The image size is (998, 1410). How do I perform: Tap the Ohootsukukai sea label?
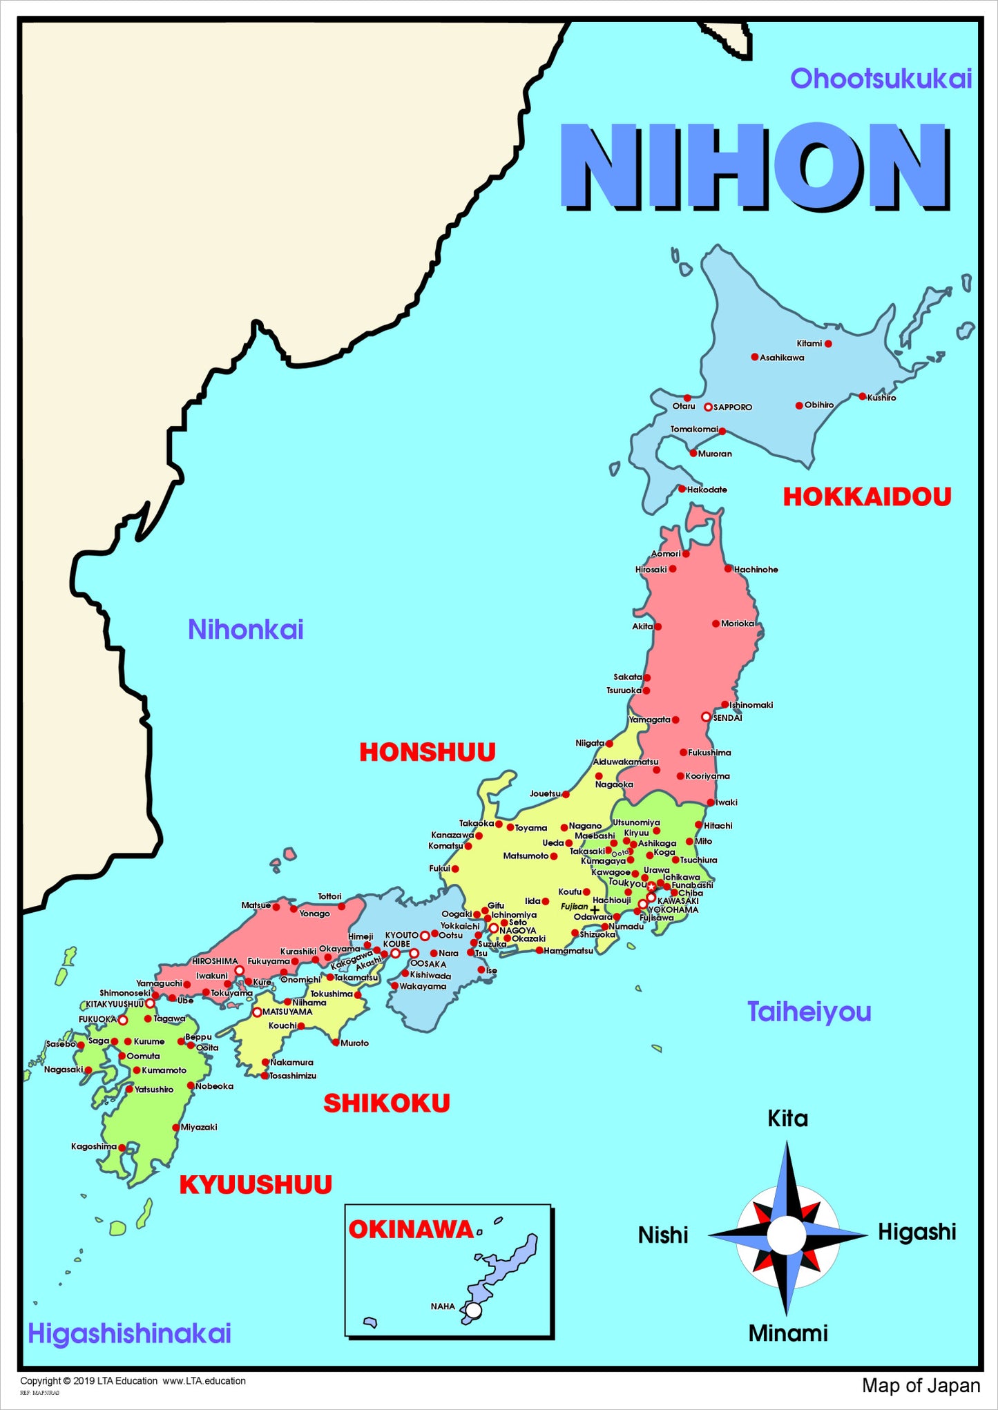[x=881, y=79]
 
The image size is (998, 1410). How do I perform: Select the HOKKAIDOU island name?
[x=867, y=496]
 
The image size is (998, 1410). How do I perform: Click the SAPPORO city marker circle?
[x=708, y=407]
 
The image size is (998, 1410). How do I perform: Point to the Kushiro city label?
[x=882, y=398]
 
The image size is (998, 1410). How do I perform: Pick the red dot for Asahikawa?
[x=755, y=357]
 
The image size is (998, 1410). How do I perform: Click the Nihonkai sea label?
[x=246, y=630]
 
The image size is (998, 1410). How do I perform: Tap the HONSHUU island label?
[x=428, y=752]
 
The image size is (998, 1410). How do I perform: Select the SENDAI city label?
[x=727, y=717]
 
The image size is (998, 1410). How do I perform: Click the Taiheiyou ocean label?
[x=809, y=1012]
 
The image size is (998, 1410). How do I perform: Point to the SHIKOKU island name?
[x=387, y=1103]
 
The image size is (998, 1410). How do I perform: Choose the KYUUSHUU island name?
[x=256, y=1185]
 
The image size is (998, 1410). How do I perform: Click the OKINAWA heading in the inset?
[x=410, y=1230]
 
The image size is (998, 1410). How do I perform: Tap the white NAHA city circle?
[x=473, y=1311]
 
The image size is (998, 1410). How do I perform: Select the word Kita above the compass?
[x=787, y=1119]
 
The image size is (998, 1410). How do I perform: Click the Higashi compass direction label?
[x=917, y=1232]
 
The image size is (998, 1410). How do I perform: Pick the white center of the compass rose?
[x=787, y=1235]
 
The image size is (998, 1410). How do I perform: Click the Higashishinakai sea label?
[x=129, y=1333]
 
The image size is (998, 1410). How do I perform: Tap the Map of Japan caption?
[x=921, y=1386]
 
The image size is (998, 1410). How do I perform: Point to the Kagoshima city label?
[x=94, y=1146]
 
